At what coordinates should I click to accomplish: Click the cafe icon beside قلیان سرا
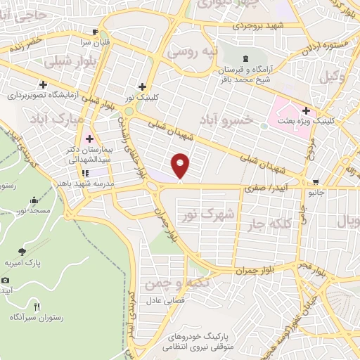pos(96,32)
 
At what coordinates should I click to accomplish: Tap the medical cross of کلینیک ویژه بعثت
pos(306,110)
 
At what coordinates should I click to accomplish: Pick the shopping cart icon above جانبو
pos(315,181)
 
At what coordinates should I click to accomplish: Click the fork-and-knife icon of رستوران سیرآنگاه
pos(37,307)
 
